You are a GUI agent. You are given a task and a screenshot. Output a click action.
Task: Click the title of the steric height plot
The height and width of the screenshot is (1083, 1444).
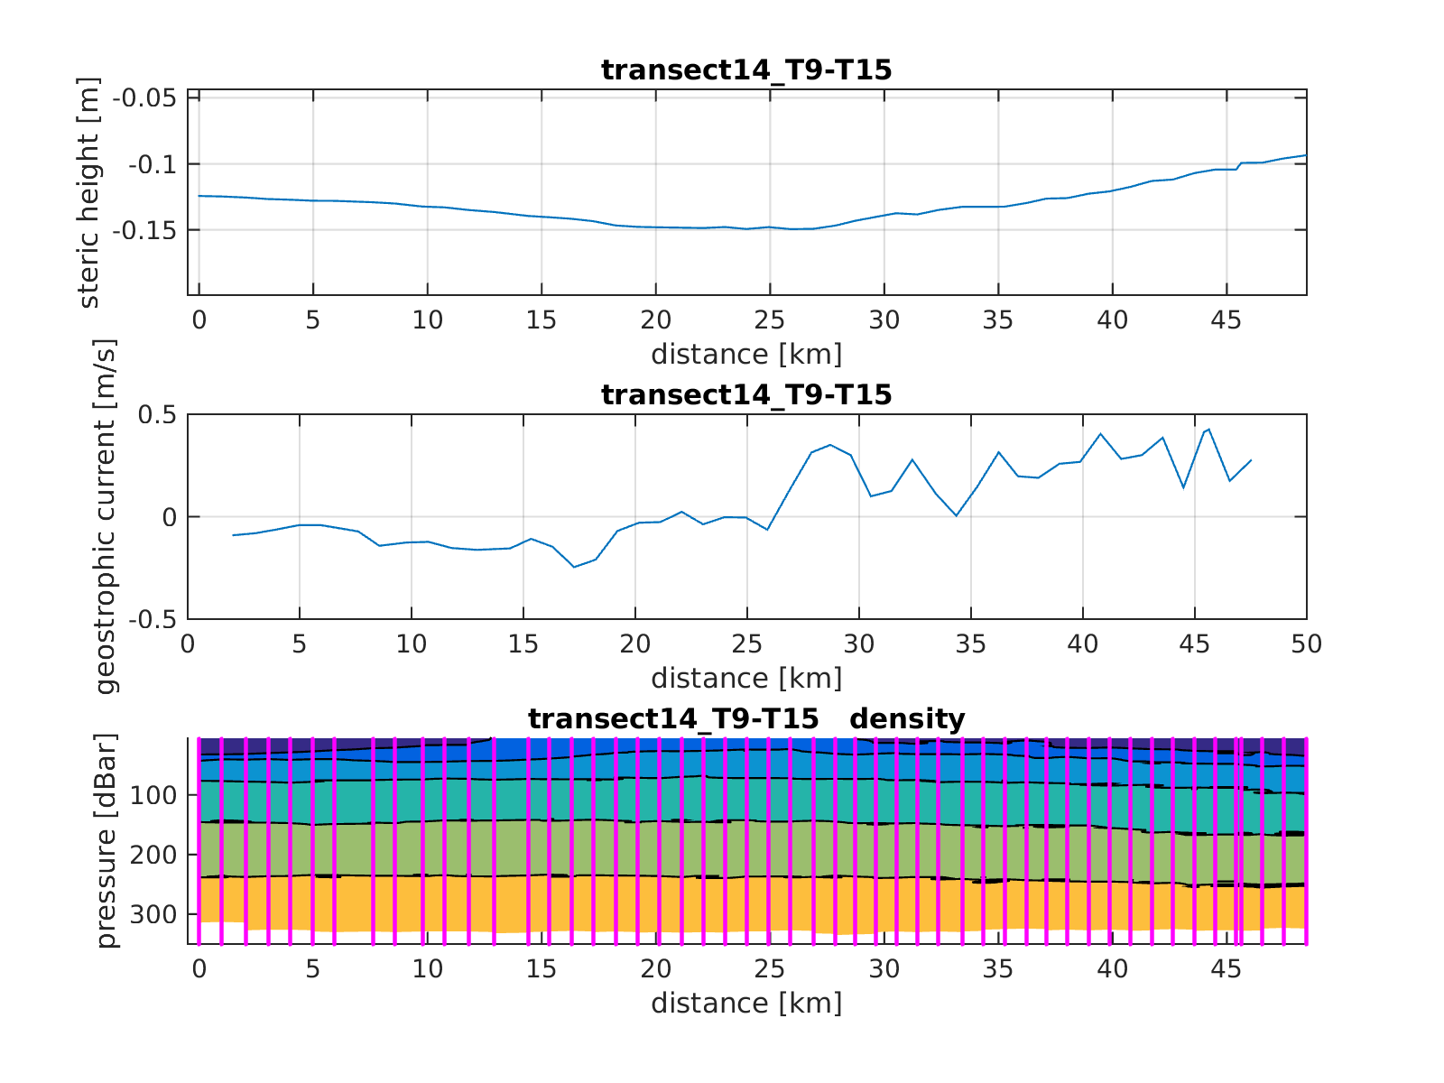746,70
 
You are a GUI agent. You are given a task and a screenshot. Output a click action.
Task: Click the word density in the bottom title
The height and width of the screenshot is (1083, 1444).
907,719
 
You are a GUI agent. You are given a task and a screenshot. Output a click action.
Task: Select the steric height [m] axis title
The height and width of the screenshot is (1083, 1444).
89,192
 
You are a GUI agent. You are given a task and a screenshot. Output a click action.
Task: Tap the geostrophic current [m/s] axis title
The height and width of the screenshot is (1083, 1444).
106,516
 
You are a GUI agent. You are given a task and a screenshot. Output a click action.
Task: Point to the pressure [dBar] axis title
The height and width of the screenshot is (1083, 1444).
106,841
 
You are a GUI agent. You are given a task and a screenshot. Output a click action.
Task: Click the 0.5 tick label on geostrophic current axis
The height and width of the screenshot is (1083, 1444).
156,415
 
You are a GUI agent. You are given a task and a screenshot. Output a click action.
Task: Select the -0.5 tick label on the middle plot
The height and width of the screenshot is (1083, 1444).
152,620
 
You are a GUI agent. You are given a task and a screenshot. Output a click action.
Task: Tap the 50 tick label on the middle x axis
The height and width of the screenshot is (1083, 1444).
1306,644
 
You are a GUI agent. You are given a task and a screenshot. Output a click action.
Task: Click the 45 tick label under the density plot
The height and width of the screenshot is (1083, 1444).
1226,969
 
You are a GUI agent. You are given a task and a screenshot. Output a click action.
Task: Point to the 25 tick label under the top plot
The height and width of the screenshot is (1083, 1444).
769,320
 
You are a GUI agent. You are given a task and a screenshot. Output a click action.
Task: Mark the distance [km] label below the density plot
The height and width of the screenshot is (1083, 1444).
746,1003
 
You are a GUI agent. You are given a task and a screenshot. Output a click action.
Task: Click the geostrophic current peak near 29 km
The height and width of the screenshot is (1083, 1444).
830,445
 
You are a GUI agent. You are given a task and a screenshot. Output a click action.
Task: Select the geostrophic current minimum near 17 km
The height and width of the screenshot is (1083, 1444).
574,567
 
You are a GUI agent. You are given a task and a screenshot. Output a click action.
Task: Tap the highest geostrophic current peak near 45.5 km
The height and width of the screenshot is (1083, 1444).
1208,430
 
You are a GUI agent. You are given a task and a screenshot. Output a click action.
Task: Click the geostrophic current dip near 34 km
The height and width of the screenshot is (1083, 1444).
956,515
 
